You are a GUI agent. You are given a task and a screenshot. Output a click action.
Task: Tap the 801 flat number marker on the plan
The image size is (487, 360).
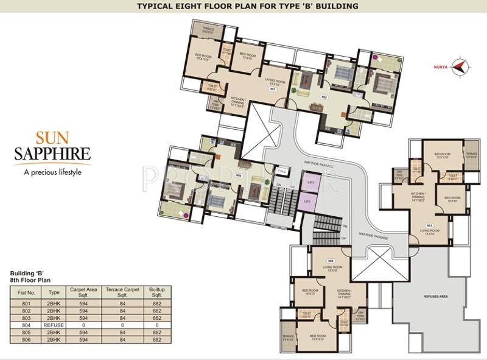pyautogui.click(x=273, y=90)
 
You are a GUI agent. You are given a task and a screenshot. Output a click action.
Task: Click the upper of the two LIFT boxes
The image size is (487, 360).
pyautogui.click(x=310, y=182)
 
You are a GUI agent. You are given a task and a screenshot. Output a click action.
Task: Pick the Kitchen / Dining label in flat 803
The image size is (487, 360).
pyautogui.click(x=417, y=197)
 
